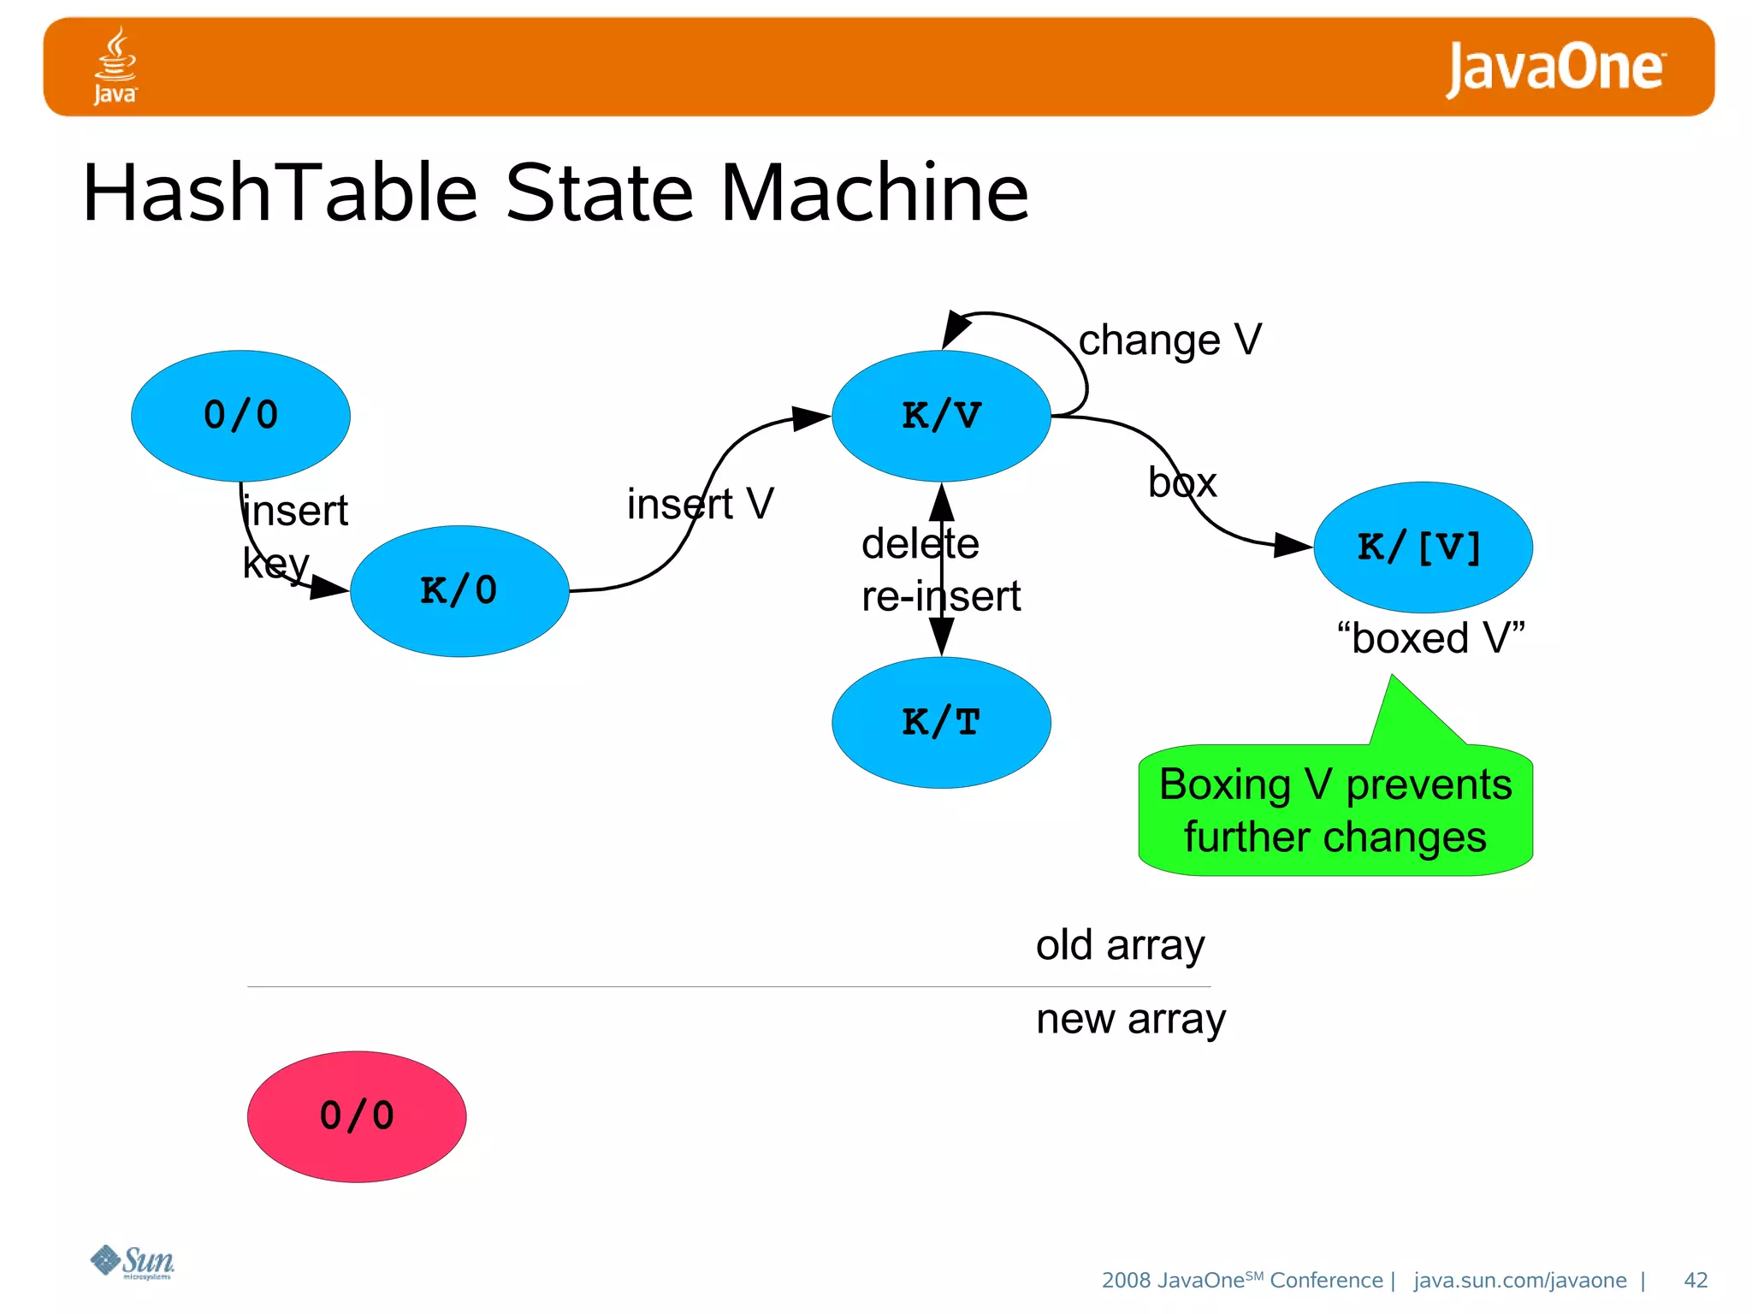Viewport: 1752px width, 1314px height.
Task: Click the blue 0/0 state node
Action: [x=240, y=416]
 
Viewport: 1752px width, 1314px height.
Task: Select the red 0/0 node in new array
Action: [x=357, y=1116]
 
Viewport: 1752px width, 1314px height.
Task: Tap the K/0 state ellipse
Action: [x=459, y=591]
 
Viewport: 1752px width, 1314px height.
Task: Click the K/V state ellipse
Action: [x=941, y=416]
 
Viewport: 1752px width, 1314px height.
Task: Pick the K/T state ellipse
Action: [x=941, y=723]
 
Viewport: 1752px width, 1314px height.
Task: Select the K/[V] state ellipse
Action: [x=1423, y=547]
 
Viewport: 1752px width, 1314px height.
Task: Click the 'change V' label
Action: [x=1169, y=340]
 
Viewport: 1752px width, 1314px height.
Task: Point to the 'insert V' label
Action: [x=700, y=504]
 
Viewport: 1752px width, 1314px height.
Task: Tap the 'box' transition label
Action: [x=1182, y=483]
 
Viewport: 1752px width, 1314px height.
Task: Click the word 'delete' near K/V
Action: [x=920, y=544]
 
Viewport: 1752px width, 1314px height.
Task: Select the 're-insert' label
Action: [x=941, y=596]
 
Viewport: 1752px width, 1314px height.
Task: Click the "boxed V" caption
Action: [x=1431, y=638]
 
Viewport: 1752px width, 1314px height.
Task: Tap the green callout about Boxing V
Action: [x=1335, y=810]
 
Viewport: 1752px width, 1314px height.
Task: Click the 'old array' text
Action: [x=1120, y=945]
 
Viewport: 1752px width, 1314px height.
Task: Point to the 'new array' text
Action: [x=1131, y=1019]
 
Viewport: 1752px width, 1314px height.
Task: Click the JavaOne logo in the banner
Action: [x=1554, y=68]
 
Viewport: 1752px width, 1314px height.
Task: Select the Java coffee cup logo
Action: [x=115, y=66]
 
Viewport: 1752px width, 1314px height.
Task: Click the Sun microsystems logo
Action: [x=133, y=1262]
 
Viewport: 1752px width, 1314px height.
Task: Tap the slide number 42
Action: [x=1695, y=1280]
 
